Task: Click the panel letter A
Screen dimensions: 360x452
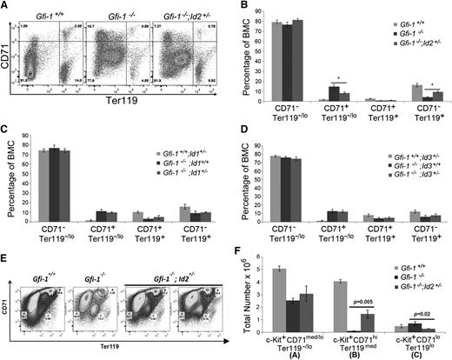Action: coord(6,7)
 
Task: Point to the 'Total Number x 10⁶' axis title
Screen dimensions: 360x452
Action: coord(238,300)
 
